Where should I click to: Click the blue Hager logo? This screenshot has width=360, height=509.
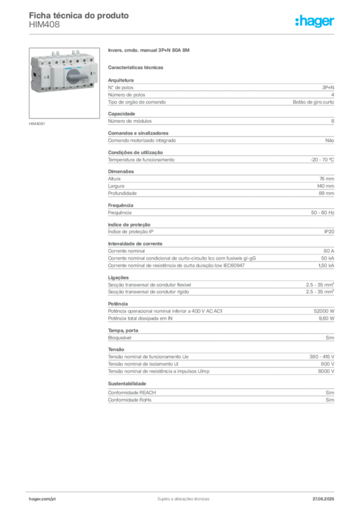click(315, 22)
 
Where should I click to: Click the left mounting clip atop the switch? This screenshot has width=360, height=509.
click(55, 52)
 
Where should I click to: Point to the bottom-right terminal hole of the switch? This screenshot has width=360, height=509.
click(91, 88)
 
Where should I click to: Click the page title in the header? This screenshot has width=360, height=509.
click(80, 15)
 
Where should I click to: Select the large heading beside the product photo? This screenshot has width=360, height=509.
click(149, 51)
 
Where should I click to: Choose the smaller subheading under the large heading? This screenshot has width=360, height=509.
click(137, 67)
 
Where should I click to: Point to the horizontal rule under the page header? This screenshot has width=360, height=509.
click(182, 34)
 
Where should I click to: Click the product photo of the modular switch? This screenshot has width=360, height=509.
click(62, 72)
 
